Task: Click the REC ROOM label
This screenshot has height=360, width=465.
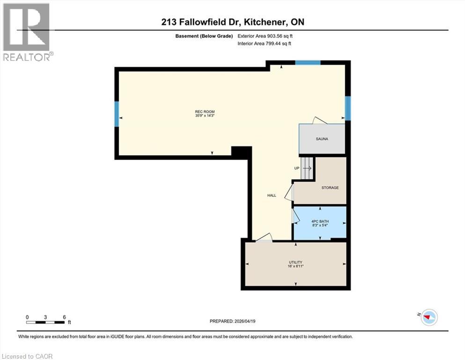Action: pos(205,111)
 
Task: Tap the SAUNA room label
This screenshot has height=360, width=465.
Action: pos(322,139)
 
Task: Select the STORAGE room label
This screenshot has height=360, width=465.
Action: pos(330,187)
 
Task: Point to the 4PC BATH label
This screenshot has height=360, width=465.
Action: pos(320,221)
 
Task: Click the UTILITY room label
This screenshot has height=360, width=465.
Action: pos(295,262)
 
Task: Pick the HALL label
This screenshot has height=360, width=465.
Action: pos(272,195)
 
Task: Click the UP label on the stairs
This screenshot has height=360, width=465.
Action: pos(296,168)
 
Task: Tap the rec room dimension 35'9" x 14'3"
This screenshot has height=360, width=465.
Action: pos(205,115)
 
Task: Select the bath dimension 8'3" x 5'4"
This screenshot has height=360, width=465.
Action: pos(320,225)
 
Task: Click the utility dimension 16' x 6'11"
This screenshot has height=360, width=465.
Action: pos(295,266)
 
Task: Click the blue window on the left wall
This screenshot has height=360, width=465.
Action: pos(116,114)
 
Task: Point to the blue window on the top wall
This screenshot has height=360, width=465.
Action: pos(308,62)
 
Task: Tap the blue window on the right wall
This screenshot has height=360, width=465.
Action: pos(347,107)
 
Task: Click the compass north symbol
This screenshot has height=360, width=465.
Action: pos(428,317)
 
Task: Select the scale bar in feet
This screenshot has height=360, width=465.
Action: pos(45,322)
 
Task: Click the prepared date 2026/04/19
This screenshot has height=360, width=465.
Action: pos(232,321)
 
